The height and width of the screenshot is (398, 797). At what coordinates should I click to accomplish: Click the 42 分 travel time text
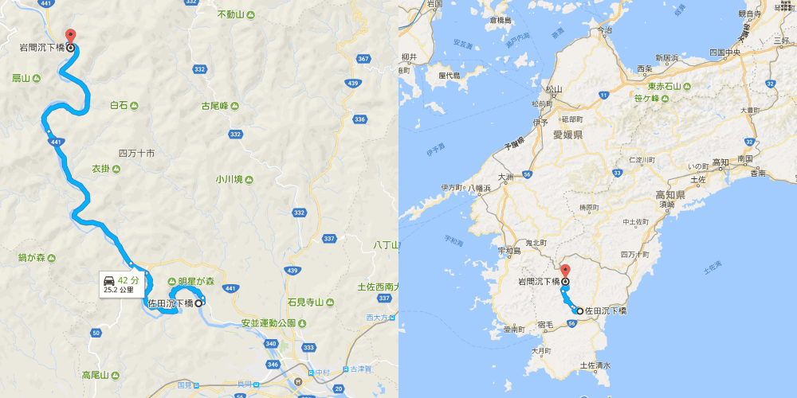[x=128, y=280]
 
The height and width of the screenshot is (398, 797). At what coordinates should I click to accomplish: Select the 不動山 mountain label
[x=231, y=15]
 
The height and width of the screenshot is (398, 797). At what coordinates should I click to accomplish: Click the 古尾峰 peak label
[x=214, y=105]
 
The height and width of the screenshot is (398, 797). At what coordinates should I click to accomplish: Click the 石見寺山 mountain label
[x=304, y=302]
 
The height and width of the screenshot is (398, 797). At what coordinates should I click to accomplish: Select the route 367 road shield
[x=363, y=60]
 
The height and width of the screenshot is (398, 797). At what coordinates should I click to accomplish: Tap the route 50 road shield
[x=96, y=332]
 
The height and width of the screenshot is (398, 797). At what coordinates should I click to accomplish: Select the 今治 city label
[x=603, y=29]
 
